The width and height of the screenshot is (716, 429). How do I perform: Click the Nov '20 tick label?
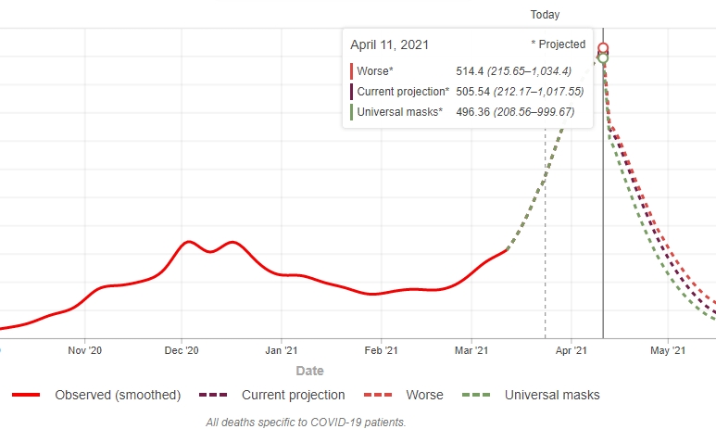tap(84, 350)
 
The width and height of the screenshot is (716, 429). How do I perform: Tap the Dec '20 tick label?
tap(182, 350)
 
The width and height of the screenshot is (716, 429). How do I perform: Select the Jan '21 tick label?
tap(282, 350)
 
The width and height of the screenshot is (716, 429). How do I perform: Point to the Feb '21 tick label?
tap(381, 350)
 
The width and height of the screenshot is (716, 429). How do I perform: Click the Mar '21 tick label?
tap(472, 350)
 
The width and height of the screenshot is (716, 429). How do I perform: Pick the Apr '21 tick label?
tap(572, 350)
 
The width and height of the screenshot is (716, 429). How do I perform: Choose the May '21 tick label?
tap(668, 350)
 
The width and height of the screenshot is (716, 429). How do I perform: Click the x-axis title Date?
tap(310, 371)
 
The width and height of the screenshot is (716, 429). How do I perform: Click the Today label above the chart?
tap(545, 15)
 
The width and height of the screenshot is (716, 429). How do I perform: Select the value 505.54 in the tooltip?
tap(474, 92)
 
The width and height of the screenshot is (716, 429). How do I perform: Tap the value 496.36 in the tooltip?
tap(474, 112)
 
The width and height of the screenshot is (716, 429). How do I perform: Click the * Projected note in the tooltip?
tap(558, 44)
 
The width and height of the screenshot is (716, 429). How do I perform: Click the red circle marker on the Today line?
tap(603, 48)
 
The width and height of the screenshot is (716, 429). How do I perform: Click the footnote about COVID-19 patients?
tap(306, 422)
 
